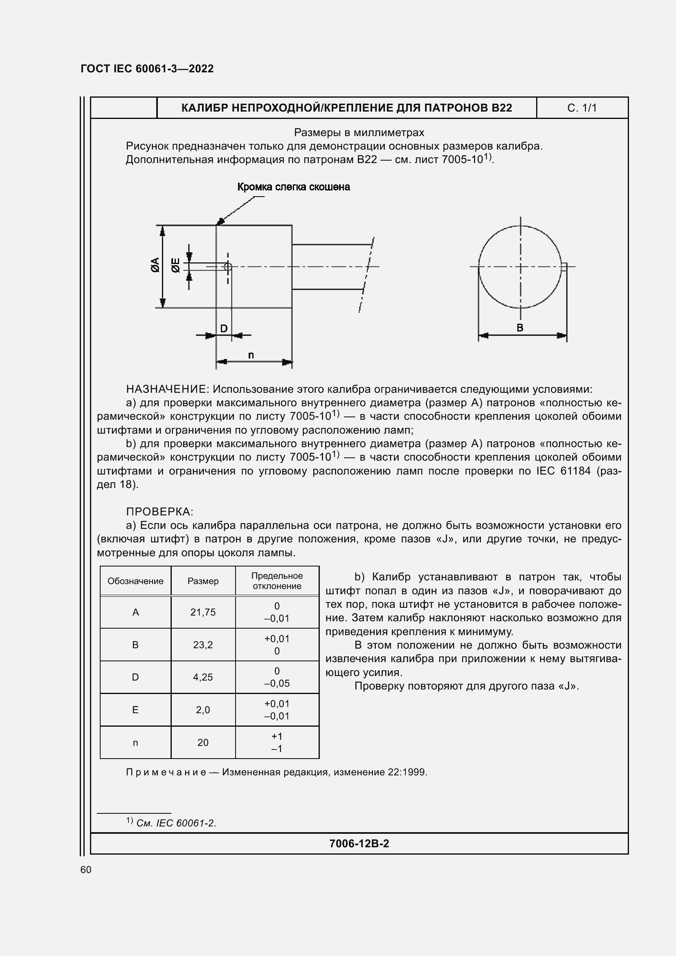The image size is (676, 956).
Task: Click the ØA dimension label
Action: coord(155,265)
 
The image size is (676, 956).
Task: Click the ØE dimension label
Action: coord(176,265)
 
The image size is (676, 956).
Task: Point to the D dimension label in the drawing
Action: coord(224,329)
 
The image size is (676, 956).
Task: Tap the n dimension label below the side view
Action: coord(251,355)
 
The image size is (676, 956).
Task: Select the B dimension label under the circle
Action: coord(520,328)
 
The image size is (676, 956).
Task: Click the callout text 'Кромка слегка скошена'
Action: coord(293,187)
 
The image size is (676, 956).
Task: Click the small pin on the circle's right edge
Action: coord(564,267)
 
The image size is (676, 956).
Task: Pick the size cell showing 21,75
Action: coord(203,612)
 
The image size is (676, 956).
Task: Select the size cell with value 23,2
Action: coord(203,645)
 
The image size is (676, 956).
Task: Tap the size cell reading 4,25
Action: coord(203,677)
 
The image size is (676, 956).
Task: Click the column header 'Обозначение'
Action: coord(135,581)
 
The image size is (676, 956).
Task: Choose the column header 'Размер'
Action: coord(203,581)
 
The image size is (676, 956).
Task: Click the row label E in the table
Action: coord(135,710)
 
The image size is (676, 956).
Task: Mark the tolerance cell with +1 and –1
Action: coord(277,742)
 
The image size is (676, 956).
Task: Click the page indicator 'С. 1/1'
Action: coord(582,108)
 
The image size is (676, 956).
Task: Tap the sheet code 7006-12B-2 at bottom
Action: coord(359,844)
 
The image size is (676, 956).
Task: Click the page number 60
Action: coord(86,870)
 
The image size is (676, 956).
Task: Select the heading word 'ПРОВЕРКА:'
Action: coord(159,512)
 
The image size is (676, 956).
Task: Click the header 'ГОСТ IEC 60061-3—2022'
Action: coord(147,69)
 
